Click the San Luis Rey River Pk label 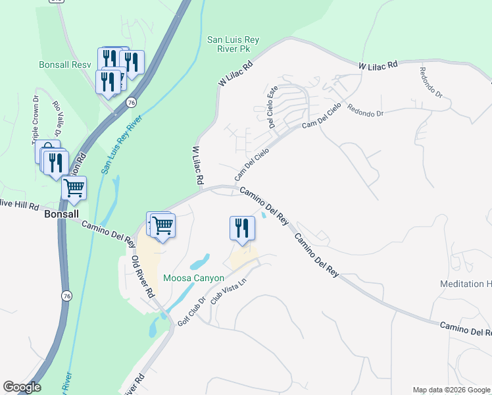pos(233,44)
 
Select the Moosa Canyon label pos(193,278)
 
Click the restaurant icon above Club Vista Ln pos(242,228)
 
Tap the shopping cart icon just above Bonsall pos(74,188)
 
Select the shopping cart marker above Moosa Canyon pos(162,225)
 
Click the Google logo pos(22,387)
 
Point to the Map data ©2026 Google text pos(451,390)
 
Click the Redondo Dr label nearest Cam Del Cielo pos(365,111)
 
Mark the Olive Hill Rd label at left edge pos(20,205)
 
